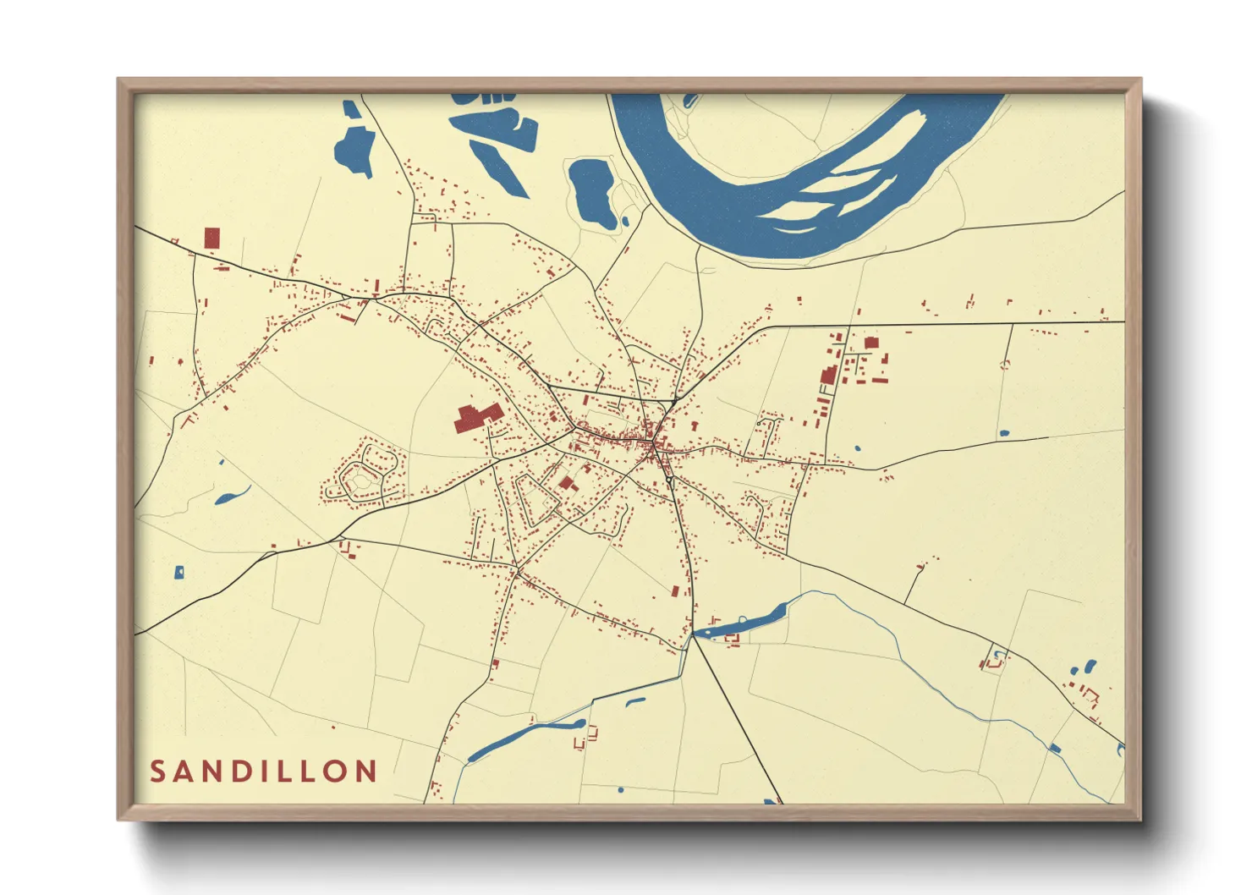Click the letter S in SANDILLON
pos(157,771)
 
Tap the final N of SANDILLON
pos(365,771)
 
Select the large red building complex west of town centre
pos(477,417)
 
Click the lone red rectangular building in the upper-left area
pos(211,238)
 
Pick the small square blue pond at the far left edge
pos(178,573)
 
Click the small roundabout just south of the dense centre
pos(668,480)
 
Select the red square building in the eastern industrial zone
pos(871,343)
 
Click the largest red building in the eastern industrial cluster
pos(829,375)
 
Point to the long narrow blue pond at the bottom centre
pos(524,738)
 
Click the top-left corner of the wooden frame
pos(120,81)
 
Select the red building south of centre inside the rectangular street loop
pos(566,483)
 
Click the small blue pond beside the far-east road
pos(1004,433)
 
